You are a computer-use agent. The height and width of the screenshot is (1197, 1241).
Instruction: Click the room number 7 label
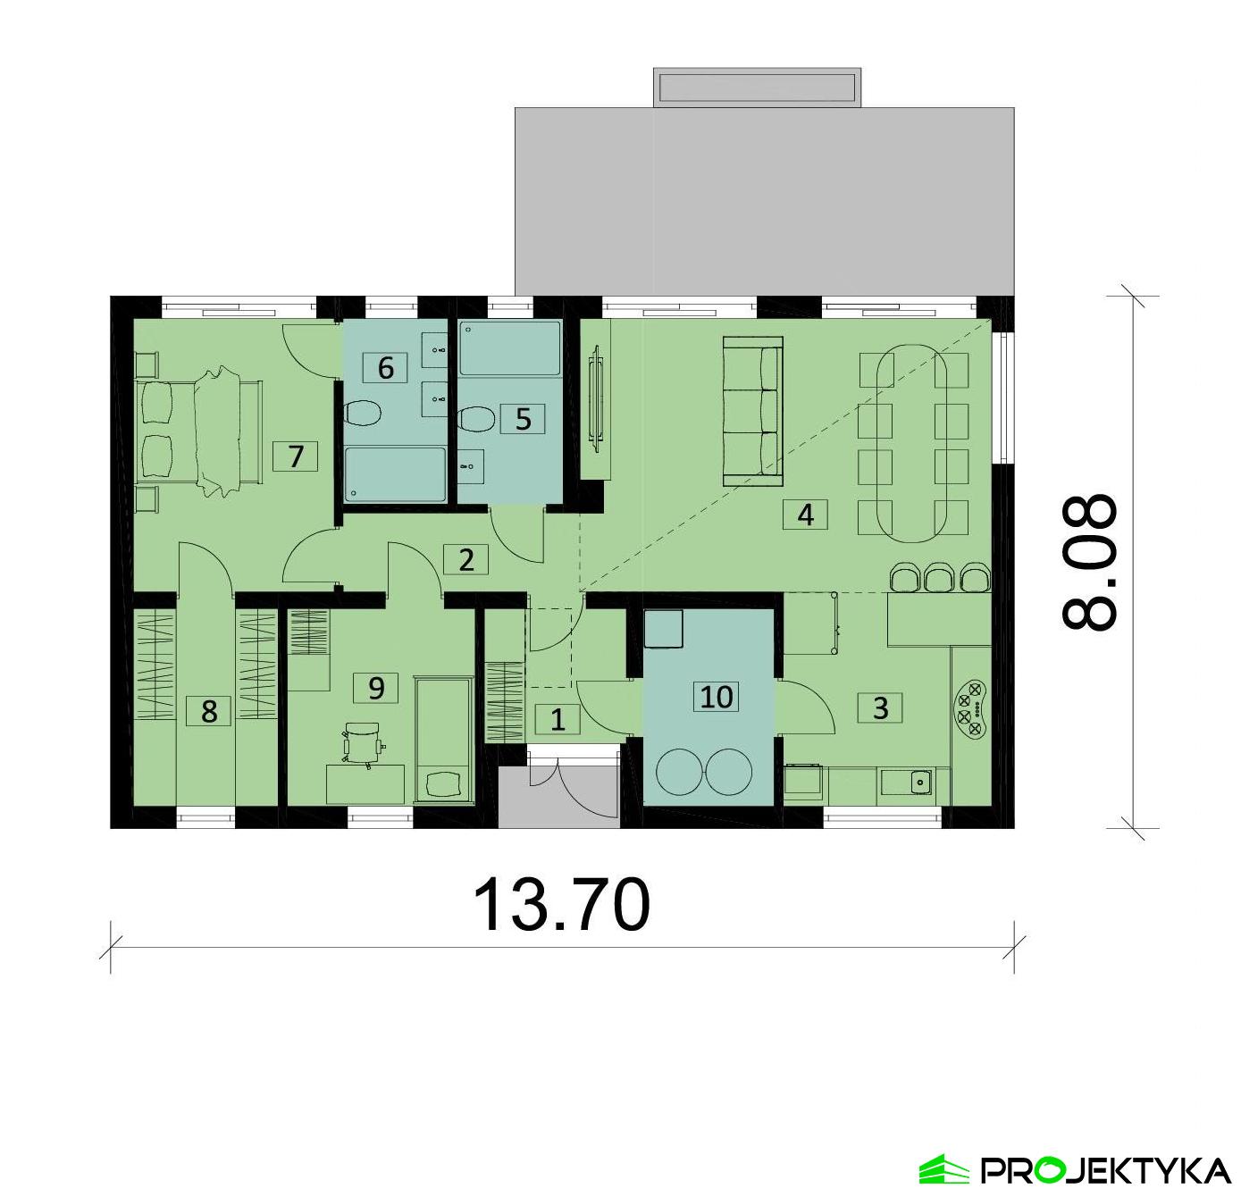click(296, 456)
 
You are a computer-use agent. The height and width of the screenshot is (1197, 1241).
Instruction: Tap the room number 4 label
click(805, 515)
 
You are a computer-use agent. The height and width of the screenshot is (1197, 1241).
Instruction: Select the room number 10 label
click(717, 697)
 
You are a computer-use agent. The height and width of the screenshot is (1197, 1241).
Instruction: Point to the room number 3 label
click(880, 707)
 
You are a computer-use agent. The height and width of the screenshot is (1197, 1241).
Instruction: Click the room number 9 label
click(375, 688)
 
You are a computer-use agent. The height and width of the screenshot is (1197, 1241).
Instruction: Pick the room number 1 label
click(558, 719)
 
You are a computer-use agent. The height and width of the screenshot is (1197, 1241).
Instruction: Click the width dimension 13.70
click(561, 904)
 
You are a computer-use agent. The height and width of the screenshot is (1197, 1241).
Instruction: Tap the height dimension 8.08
click(1087, 563)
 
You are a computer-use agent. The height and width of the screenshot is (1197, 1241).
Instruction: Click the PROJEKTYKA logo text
click(1104, 1169)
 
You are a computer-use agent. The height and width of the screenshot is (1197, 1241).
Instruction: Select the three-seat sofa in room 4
click(751, 411)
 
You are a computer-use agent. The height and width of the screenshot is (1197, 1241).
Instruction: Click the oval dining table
click(912, 445)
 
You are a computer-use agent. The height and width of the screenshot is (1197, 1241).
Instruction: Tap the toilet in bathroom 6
click(363, 414)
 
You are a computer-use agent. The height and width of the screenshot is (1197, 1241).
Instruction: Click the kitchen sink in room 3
click(920, 781)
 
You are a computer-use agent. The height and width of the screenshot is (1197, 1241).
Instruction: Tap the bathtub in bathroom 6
click(395, 474)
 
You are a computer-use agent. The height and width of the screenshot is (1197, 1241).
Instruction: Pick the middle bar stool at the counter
click(939, 578)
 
